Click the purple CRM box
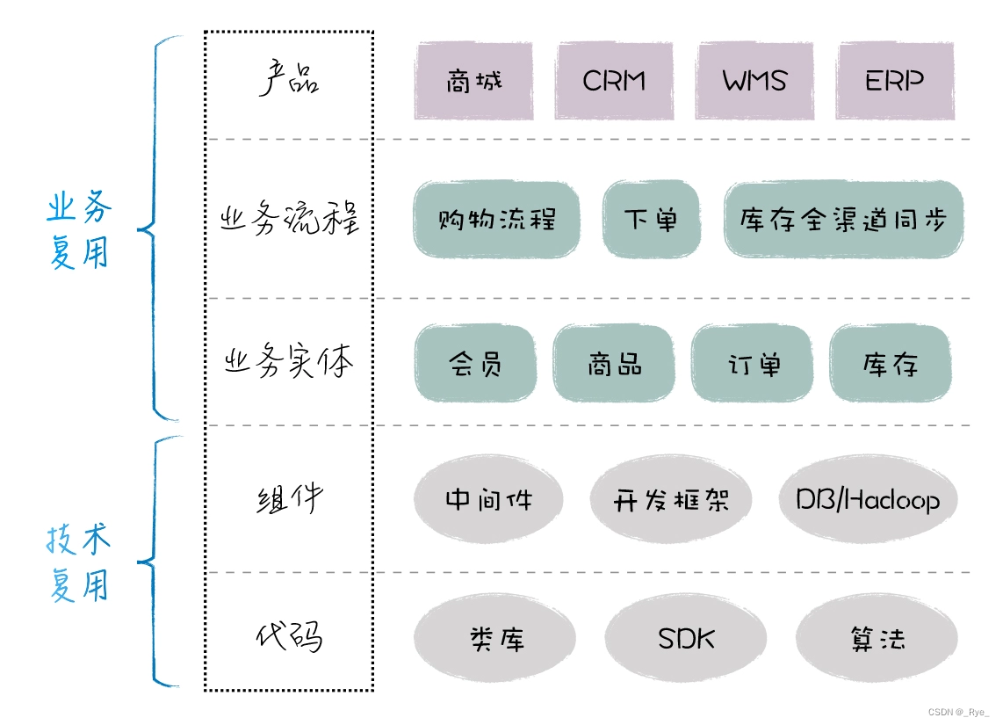click(614, 81)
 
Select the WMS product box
click(754, 81)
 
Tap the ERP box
click(895, 81)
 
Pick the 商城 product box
click(474, 81)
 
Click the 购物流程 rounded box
click(496, 220)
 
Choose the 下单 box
click(651, 220)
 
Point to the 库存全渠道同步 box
click(844, 220)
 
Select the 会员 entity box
click(475, 364)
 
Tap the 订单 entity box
click(752, 364)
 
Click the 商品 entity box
click(614, 364)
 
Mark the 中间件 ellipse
click(488, 499)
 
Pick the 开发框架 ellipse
click(670, 499)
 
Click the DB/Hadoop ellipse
click(868, 499)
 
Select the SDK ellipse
click(686, 638)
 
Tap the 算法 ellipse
click(877, 638)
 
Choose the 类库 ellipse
click(494, 638)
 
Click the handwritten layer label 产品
click(288, 78)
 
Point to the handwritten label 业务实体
click(288, 361)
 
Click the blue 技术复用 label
click(79, 562)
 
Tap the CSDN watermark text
click(958, 712)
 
